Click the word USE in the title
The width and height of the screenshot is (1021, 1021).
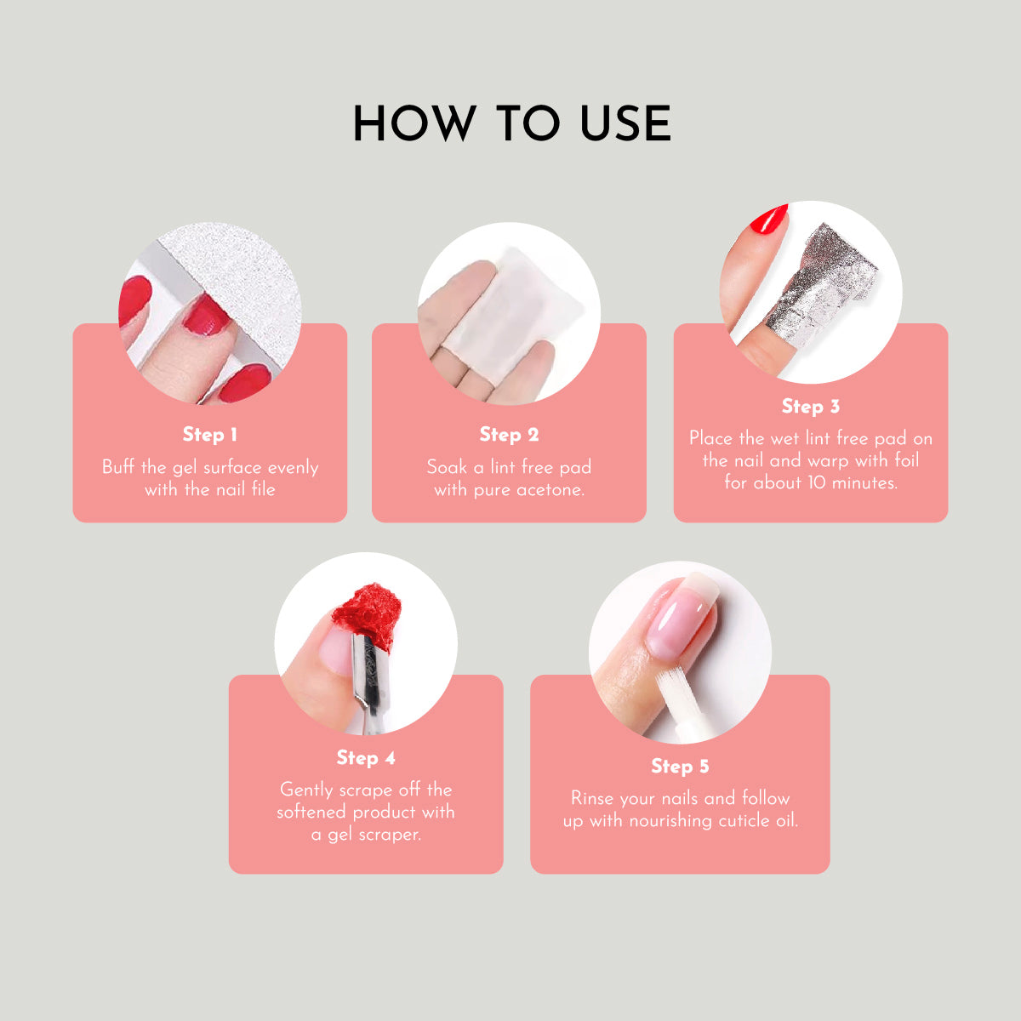625,123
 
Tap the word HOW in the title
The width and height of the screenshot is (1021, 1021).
414,123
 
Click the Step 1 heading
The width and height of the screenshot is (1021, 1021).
210,435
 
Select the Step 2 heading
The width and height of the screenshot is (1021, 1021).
509,435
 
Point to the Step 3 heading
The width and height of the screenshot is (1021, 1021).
811,407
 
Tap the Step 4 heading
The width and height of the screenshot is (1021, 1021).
366,758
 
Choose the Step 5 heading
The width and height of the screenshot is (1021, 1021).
680,766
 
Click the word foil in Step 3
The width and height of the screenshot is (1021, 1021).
906,460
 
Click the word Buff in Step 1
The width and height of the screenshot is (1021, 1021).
118,467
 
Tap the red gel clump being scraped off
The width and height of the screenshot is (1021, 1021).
367,616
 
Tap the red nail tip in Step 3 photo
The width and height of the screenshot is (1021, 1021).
769,221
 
